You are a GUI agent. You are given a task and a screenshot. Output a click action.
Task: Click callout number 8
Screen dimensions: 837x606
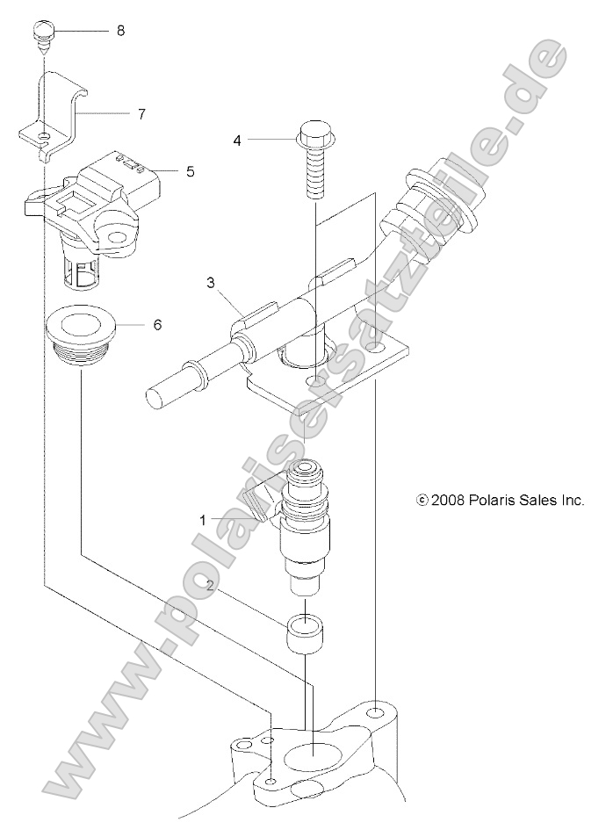[x=120, y=31]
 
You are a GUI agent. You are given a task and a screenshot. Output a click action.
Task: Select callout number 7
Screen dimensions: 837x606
[x=141, y=113]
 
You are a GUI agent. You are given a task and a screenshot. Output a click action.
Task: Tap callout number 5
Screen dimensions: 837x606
[x=190, y=171]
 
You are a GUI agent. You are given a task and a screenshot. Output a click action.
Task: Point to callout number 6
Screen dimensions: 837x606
[x=157, y=324]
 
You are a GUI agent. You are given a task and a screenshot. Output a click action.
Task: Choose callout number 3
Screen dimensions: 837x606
[x=209, y=282]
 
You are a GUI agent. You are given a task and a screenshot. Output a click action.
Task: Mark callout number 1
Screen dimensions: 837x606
[x=203, y=520]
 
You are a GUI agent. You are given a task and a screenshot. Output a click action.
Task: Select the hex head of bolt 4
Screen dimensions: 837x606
[x=314, y=136]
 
